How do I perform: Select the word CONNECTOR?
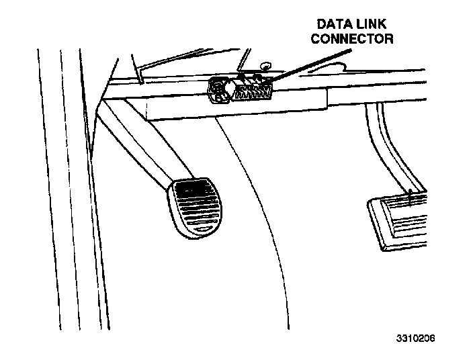352,39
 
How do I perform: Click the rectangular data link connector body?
253,90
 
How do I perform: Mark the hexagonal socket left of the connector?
219,90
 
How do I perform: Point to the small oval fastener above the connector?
265,66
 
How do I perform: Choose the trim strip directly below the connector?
235,107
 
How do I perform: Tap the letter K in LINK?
387,25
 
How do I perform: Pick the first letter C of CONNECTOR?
315,39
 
